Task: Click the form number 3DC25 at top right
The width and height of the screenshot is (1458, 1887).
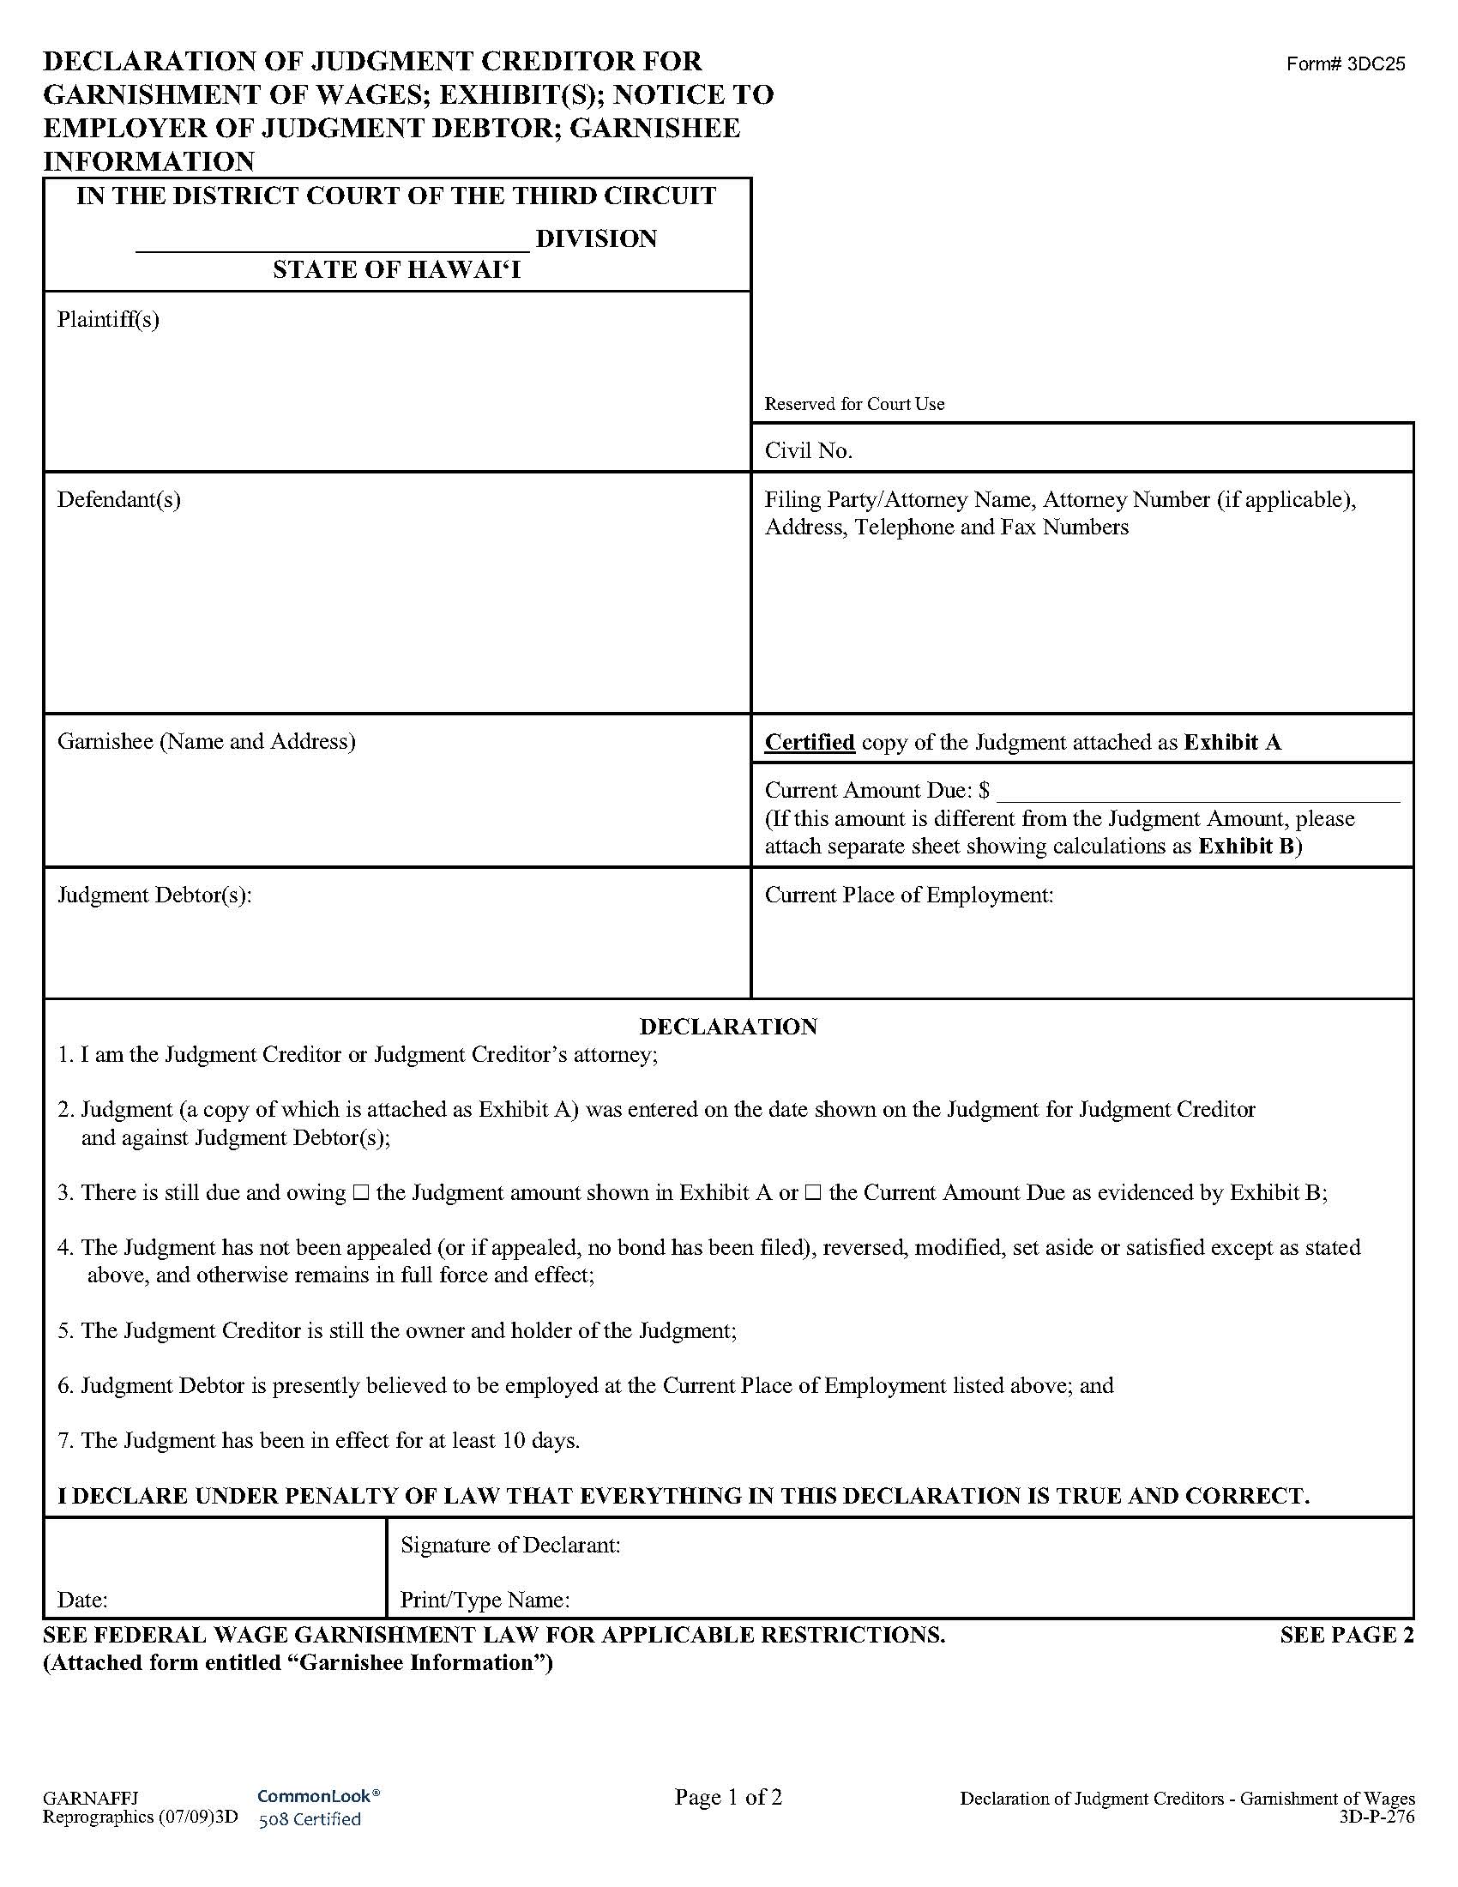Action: pyautogui.click(x=1345, y=64)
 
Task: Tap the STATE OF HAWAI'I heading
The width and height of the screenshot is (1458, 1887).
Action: pyautogui.click(x=396, y=270)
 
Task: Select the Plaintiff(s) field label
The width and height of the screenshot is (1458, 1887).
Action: pyautogui.click(x=108, y=320)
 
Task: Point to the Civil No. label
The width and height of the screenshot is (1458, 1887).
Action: pyautogui.click(x=809, y=450)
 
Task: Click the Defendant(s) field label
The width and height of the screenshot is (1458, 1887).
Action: pyautogui.click(x=118, y=499)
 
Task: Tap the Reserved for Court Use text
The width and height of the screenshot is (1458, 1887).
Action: pyautogui.click(x=854, y=403)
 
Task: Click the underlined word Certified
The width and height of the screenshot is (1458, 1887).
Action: pyautogui.click(x=810, y=742)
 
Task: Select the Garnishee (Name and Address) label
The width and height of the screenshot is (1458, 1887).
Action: pyautogui.click(x=206, y=741)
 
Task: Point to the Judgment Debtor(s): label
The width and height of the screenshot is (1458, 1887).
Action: pyautogui.click(x=154, y=895)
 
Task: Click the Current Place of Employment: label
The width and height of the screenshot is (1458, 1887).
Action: pyautogui.click(x=908, y=895)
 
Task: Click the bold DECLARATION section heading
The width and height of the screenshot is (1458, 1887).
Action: pyautogui.click(x=728, y=1027)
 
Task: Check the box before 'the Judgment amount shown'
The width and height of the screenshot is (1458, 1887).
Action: pyautogui.click(x=361, y=1193)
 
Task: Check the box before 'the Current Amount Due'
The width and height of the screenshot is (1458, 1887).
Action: pyautogui.click(x=813, y=1193)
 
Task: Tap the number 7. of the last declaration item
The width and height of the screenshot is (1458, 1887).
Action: pyautogui.click(x=66, y=1440)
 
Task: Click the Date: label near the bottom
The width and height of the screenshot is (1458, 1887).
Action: pyautogui.click(x=82, y=1601)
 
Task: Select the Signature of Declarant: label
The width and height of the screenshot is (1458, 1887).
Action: pyautogui.click(x=510, y=1545)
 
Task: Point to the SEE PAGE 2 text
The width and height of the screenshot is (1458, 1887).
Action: pyautogui.click(x=1346, y=1635)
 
